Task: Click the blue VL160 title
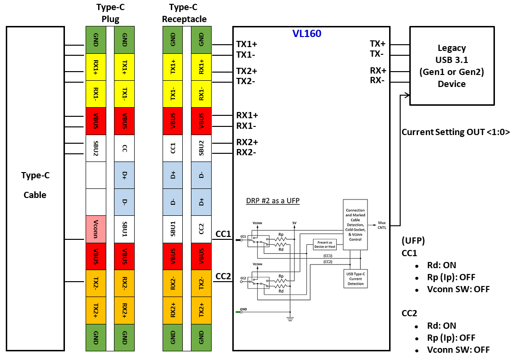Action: (x=307, y=34)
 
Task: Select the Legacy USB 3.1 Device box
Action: (x=451, y=65)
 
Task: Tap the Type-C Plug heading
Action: (x=111, y=13)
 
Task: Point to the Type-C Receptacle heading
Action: (x=184, y=13)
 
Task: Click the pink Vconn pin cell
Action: (x=96, y=229)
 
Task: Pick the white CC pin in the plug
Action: (x=125, y=148)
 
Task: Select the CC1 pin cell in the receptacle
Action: (x=173, y=148)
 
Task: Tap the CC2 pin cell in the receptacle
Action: (x=201, y=229)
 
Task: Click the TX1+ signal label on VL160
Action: (x=247, y=44)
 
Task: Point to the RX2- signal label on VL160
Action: (x=247, y=153)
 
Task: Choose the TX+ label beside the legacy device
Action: (x=377, y=44)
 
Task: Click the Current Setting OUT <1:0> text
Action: (x=455, y=132)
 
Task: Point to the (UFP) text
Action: (x=412, y=240)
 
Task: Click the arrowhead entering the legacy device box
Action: (x=407, y=95)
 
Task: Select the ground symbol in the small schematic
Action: (x=291, y=318)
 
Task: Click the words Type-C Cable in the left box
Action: (x=35, y=185)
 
